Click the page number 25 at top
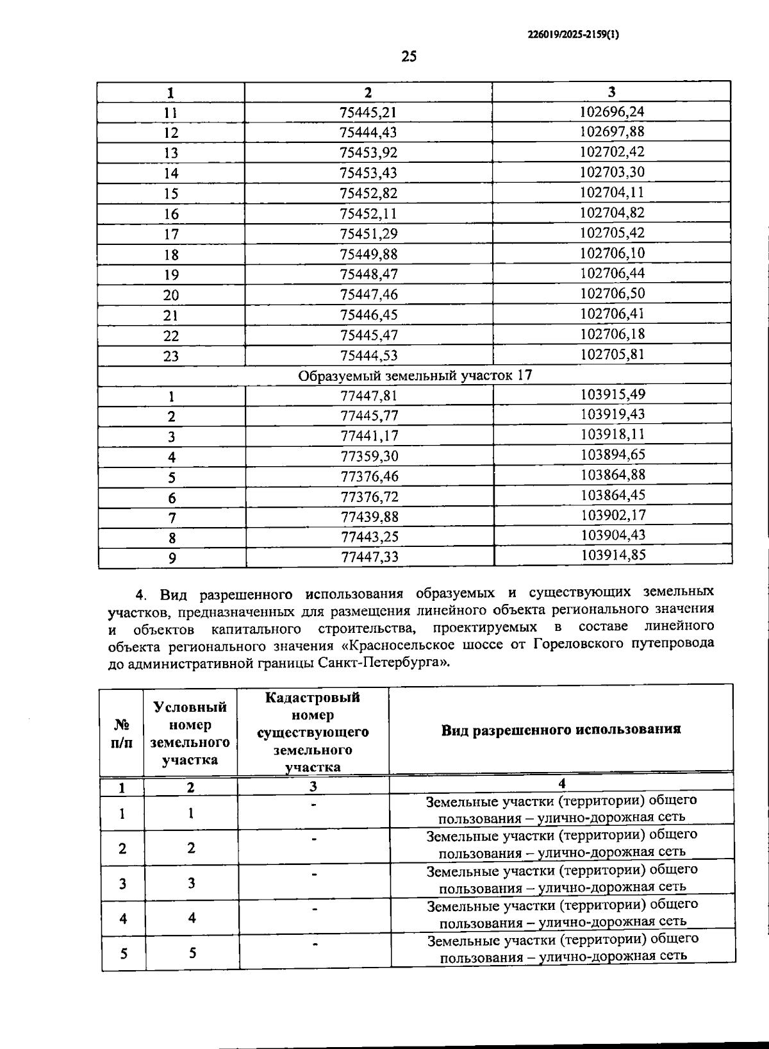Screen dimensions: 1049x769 click(x=409, y=56)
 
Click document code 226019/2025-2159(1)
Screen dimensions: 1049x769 click(x=574, y=37)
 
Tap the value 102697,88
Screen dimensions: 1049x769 click(x=611, y=131)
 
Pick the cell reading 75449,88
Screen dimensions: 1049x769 click(x=368, y=254)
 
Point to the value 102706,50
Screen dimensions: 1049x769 click(x=612, y=294)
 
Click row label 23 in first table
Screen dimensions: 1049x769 click(x=170, y=356)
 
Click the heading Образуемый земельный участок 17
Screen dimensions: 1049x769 click(x=415, y=375)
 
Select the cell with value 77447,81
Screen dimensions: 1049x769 click(x=369, y=396)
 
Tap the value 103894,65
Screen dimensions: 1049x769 click(x=613, y=455)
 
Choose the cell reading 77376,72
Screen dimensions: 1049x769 click(x=369, y=497)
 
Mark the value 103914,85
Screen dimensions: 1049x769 click(x=613, y=555)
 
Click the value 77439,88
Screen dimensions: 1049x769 click(x=369, y=517)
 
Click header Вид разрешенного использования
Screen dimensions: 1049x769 click(x=561, y=730)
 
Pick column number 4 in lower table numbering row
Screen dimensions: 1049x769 click(x=561, y=783)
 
